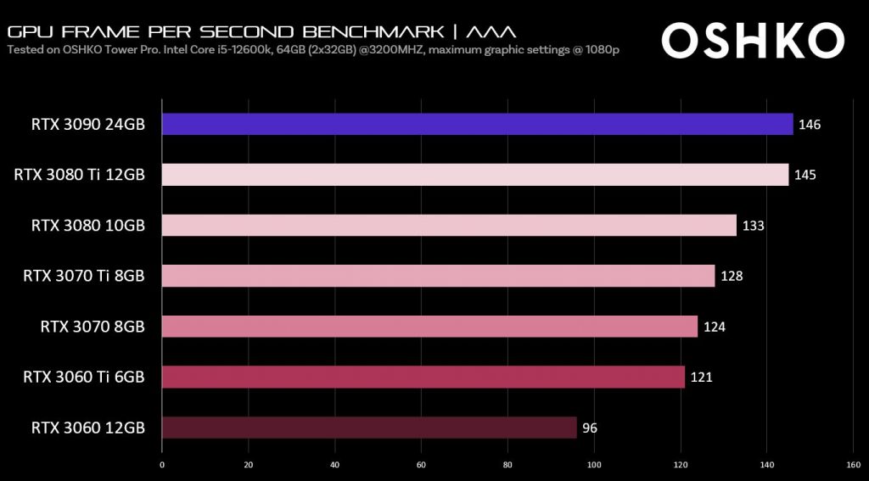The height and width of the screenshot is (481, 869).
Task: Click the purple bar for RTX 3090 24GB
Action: (477, 124)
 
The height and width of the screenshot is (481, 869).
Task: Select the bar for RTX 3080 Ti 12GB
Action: (475, 175)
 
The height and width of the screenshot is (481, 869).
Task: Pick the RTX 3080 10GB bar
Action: (449, 225)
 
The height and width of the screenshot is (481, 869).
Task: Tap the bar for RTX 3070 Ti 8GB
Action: (438, 276)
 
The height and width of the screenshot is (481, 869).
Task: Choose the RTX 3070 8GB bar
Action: (429, 326)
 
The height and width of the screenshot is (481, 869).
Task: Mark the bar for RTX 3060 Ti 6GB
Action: (423, 377)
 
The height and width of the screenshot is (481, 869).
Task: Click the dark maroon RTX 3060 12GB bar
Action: (369, 427)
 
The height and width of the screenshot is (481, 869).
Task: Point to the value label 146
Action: (810, 125)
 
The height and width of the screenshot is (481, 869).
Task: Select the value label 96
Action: (590, 428)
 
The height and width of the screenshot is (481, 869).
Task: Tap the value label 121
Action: (701, 377)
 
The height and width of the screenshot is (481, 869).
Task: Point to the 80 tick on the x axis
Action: (507, 464)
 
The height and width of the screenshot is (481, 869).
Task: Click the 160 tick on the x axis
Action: (853, 464)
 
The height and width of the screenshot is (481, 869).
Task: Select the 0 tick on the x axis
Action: (162, 464)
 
